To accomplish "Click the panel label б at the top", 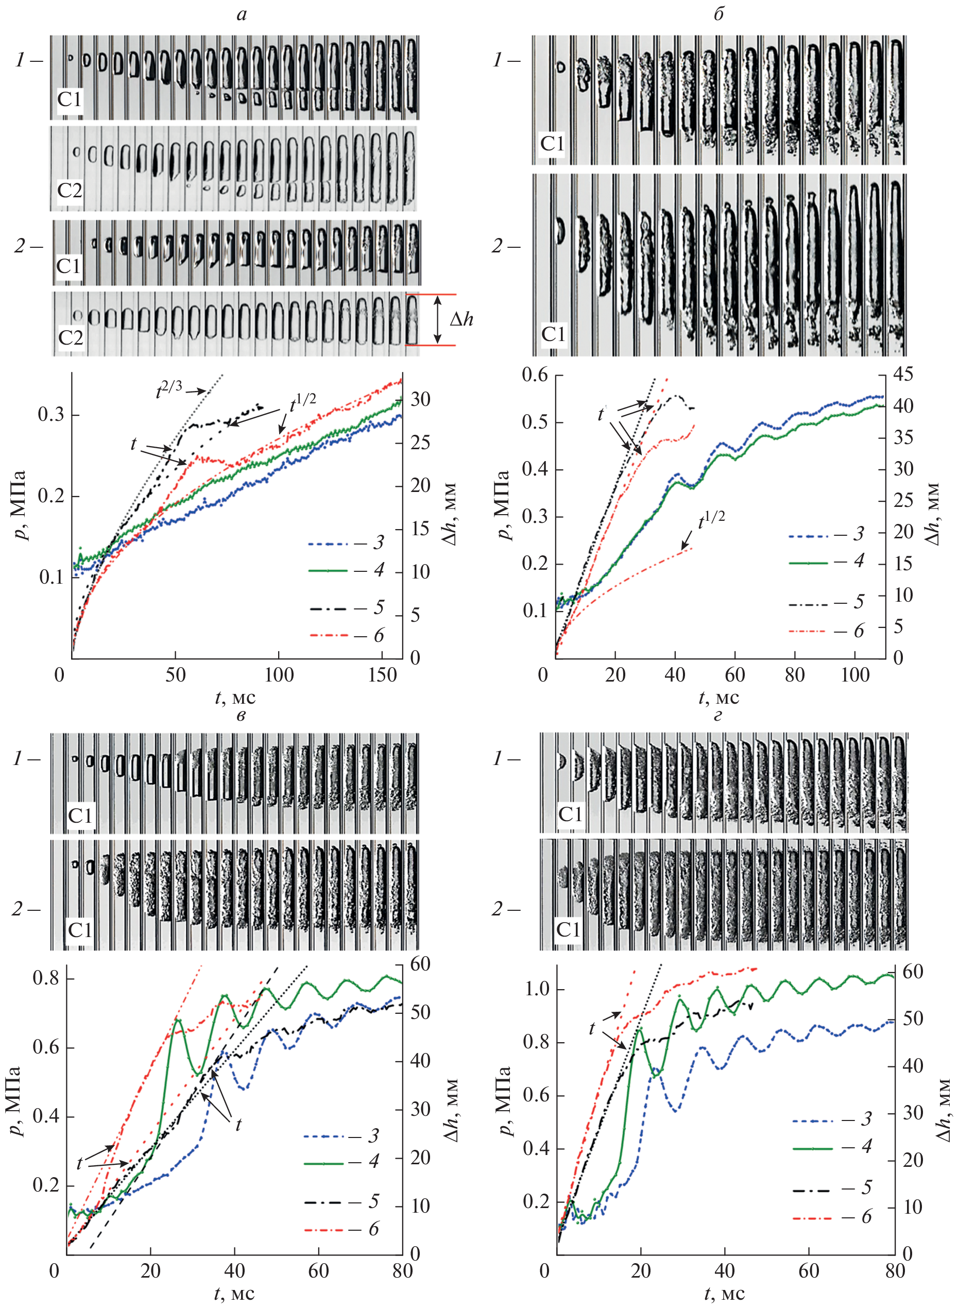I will click(718, 14).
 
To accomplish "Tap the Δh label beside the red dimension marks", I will click(461, 319).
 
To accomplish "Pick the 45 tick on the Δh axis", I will click(902, 375).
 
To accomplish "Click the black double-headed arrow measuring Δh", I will click(438, 319).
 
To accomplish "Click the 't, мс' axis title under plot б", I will click(719, 697).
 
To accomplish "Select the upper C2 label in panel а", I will click(70, 190).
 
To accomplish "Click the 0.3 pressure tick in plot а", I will click(51, 415).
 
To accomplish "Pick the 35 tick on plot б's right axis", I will click(902, 438).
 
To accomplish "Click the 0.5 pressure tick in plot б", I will click(535, 422).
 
